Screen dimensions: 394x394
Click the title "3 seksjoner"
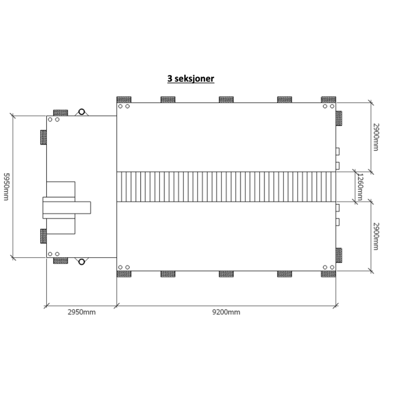[x=191, y=79]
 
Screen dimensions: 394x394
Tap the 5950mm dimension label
[x=6, y=187]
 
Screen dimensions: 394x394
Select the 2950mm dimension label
[x=82, y=312]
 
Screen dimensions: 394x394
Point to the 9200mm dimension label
[x=226, y=312]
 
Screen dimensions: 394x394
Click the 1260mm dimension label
[x=360, y=187]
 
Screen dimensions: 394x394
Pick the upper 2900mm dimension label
[x=376, y=137]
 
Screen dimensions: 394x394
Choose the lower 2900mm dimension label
[x=376, y=236]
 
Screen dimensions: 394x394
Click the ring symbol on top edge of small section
[x=82, y=112]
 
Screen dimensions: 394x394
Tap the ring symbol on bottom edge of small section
[x=82, y=262]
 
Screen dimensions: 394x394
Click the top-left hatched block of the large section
[x=124, y=100]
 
